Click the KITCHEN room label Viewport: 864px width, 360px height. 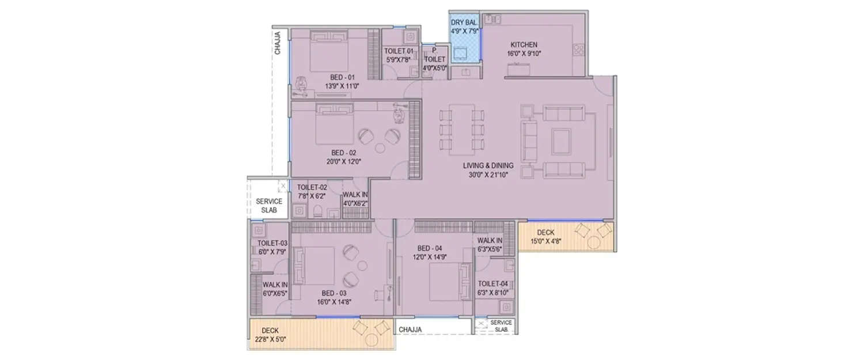click(x=524, y=45)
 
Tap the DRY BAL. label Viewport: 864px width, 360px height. click(x=464, y=22)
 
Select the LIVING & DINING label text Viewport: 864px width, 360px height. click(x=488, y=166)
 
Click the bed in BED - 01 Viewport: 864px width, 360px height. click(x=328, y=51)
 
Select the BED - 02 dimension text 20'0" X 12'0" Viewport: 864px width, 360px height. click(x=346, y=161)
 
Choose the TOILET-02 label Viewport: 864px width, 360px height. click(x=312, y=187)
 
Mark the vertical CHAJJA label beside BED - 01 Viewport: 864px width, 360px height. click(x=278, y=43)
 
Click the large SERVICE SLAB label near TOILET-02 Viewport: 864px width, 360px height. click(x=269, y=206)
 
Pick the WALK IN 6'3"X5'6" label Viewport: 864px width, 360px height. click(x=490, y=241)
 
